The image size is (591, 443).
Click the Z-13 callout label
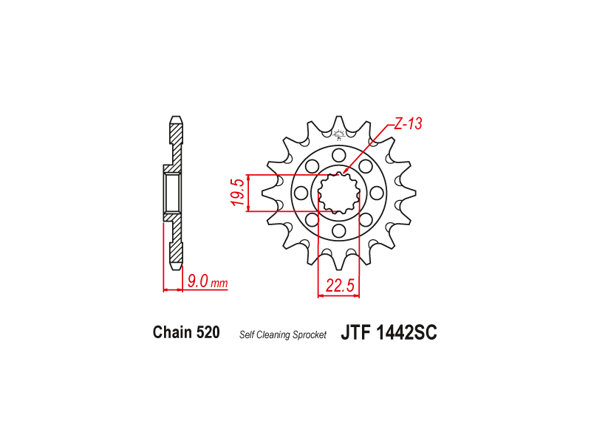click(409, 123)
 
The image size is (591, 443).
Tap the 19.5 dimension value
click(239, 193)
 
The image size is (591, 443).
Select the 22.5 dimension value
click(340, 286)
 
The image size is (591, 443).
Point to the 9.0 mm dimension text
click(208, 281)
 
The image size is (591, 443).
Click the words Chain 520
click(186, 332)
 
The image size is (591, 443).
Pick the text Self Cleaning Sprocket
click(283, 334)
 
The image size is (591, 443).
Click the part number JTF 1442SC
click(389, 333)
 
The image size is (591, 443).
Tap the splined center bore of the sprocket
click(339, 193)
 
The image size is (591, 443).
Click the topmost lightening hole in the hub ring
click(339, 155)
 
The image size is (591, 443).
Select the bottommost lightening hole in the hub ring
click(339, 231)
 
